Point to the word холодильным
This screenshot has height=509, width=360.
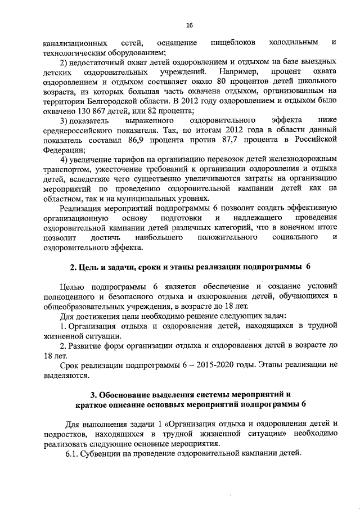coord(294,43)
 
